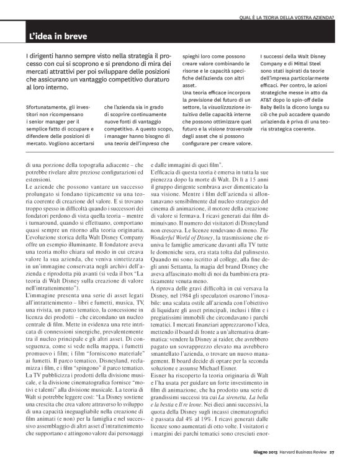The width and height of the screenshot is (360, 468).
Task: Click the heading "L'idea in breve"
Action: tap(53, 36)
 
